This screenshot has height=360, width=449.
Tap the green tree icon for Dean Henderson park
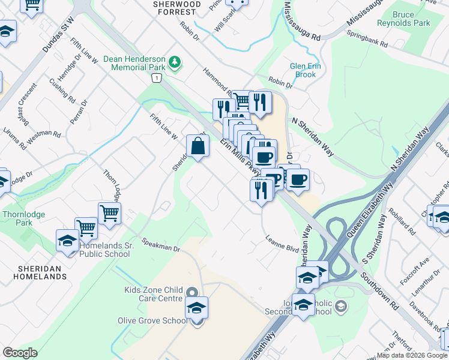[175, 61]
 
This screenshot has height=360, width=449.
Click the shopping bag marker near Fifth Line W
[198, 146]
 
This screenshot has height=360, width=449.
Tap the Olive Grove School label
[152, 320]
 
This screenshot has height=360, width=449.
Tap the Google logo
[20, 353]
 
